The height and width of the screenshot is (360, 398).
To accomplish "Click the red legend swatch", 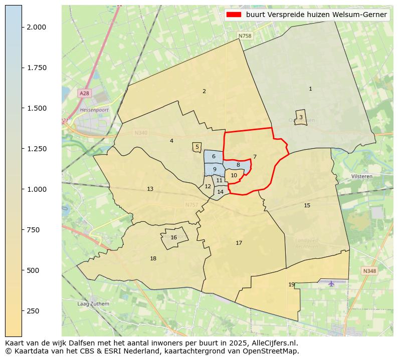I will (234, 15).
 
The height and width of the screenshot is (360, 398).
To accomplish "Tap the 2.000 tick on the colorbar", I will (37, 27).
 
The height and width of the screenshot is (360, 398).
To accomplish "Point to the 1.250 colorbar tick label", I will (37, 149).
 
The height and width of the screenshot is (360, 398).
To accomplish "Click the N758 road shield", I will (245, 36).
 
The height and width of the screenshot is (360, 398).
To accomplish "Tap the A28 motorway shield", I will (84, 94).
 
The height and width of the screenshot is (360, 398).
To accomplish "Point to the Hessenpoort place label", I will (94, 110).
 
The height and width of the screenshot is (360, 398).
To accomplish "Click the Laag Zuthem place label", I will (93, 304).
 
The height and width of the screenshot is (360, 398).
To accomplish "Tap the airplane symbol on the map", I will (331, 284).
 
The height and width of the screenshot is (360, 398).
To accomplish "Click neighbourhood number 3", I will (301, 117).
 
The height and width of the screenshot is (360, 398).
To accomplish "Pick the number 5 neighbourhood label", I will (197, 147).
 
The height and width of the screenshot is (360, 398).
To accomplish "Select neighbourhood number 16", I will (173, 238).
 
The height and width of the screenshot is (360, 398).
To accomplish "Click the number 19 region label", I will (291, 285).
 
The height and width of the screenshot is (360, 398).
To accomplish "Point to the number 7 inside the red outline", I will (255, 157).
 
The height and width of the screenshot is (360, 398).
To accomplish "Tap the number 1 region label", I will (310, 89).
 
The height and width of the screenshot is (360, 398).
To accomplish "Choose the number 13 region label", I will (150, 189).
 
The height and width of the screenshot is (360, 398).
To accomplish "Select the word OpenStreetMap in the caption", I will (273, 351).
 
